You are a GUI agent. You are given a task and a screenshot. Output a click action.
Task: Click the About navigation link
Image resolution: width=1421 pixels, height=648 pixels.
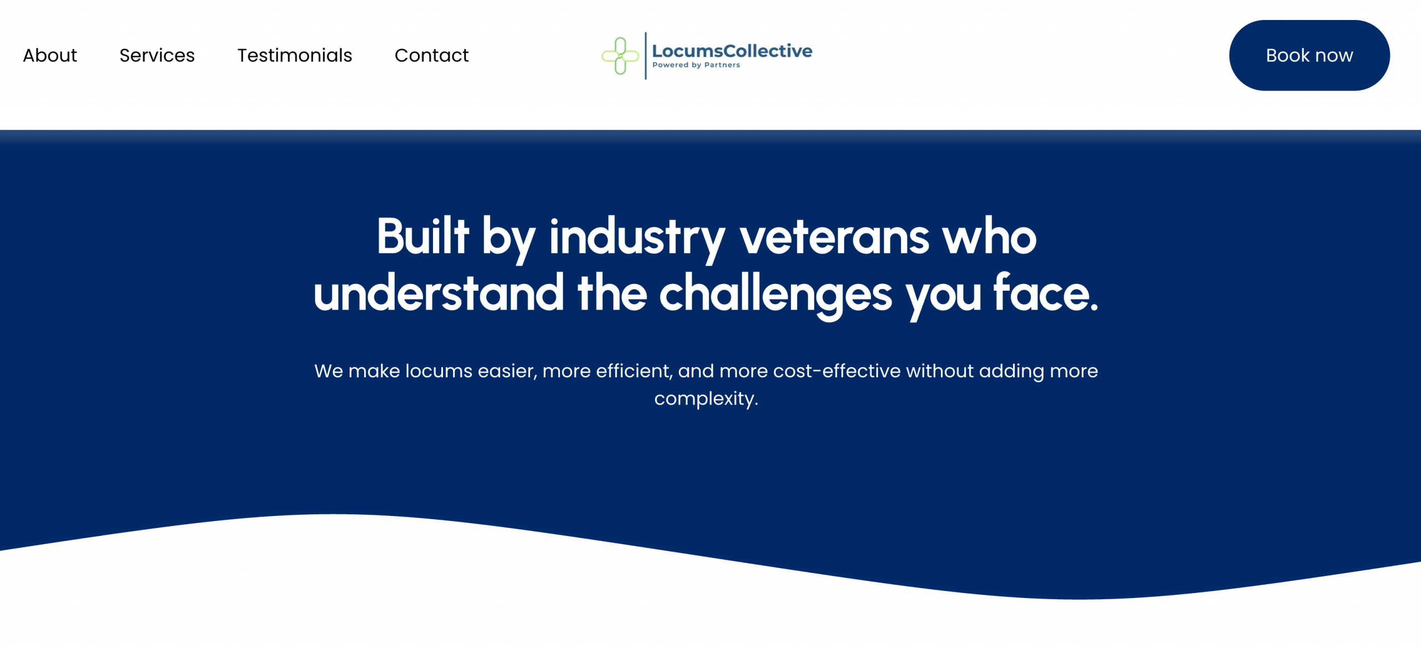click(50, 55)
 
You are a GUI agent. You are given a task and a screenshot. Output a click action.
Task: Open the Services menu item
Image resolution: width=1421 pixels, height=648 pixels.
click(157, 55)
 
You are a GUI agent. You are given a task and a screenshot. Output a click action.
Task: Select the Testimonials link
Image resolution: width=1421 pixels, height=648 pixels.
click(295, 55)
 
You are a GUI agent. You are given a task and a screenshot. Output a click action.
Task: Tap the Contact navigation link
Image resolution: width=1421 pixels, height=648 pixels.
click(432, 55)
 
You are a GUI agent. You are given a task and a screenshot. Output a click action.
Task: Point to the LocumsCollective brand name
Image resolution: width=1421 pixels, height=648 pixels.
click(732, 51)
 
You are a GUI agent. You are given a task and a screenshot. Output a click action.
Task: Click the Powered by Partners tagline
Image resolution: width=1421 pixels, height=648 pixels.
click(696, 65)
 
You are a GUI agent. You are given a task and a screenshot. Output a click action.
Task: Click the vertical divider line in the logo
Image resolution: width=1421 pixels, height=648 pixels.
click(646, 55)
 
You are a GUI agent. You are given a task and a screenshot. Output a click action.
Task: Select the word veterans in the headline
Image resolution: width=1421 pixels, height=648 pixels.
click(834, 238)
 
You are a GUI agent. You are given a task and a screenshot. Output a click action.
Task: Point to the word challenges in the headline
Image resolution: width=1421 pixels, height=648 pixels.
click(775, 296)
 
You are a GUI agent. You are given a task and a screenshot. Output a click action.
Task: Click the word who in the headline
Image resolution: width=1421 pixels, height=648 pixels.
click(990, 237)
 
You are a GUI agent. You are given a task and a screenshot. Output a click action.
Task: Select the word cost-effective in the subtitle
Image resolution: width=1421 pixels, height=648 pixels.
click(837, 371)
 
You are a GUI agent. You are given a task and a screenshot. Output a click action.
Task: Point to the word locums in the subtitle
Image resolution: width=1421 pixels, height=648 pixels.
click(439, 371)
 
